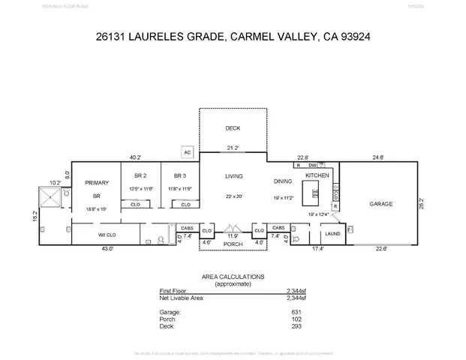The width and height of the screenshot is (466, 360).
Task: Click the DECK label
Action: pos(232,128)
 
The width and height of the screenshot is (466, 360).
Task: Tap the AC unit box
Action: pos(188,152)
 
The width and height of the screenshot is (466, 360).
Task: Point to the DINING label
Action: pos(284,181)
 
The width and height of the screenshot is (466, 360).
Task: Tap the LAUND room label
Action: pos(332,233)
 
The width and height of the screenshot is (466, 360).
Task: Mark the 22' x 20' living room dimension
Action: pos(234,196)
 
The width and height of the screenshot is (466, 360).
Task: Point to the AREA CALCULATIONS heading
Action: pos(233,276)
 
